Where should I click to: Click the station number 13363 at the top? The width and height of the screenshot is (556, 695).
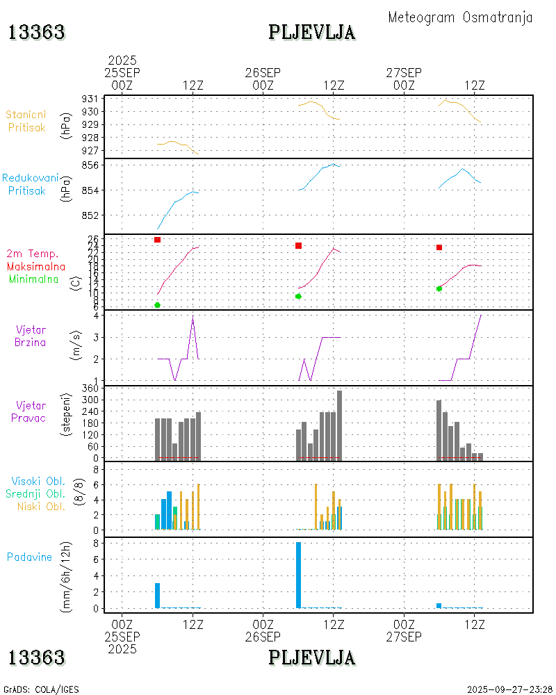[37, 32]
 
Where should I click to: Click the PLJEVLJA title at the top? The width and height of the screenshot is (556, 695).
[312, 32]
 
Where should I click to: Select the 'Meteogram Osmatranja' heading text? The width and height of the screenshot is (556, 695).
[460, 17]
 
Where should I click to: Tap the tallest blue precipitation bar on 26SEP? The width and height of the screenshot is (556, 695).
[298, 575]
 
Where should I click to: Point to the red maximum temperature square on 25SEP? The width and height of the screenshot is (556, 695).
[158, 240]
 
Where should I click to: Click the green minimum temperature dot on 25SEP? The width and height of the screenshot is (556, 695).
[158, 305]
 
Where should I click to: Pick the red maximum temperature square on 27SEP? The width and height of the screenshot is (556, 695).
[439, 247]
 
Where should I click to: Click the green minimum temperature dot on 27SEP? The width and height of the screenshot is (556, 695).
[439, 288]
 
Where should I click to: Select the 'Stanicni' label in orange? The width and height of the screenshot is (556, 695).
[27, 115]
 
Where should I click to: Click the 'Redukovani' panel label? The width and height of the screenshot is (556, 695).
[30, 179]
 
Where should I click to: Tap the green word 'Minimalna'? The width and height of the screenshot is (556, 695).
[34, 279]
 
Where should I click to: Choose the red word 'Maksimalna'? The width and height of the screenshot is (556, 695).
[36, 267]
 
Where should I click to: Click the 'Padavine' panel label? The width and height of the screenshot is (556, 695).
[30, 557]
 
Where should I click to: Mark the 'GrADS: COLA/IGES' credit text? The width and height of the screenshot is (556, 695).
[41, 689]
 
